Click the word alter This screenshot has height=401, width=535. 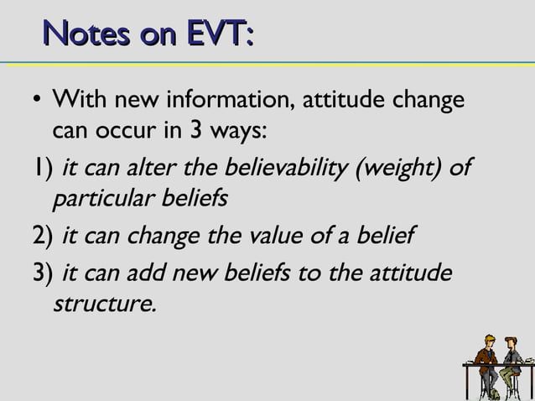pos(148,168)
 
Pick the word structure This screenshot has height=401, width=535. pos(105,304)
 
